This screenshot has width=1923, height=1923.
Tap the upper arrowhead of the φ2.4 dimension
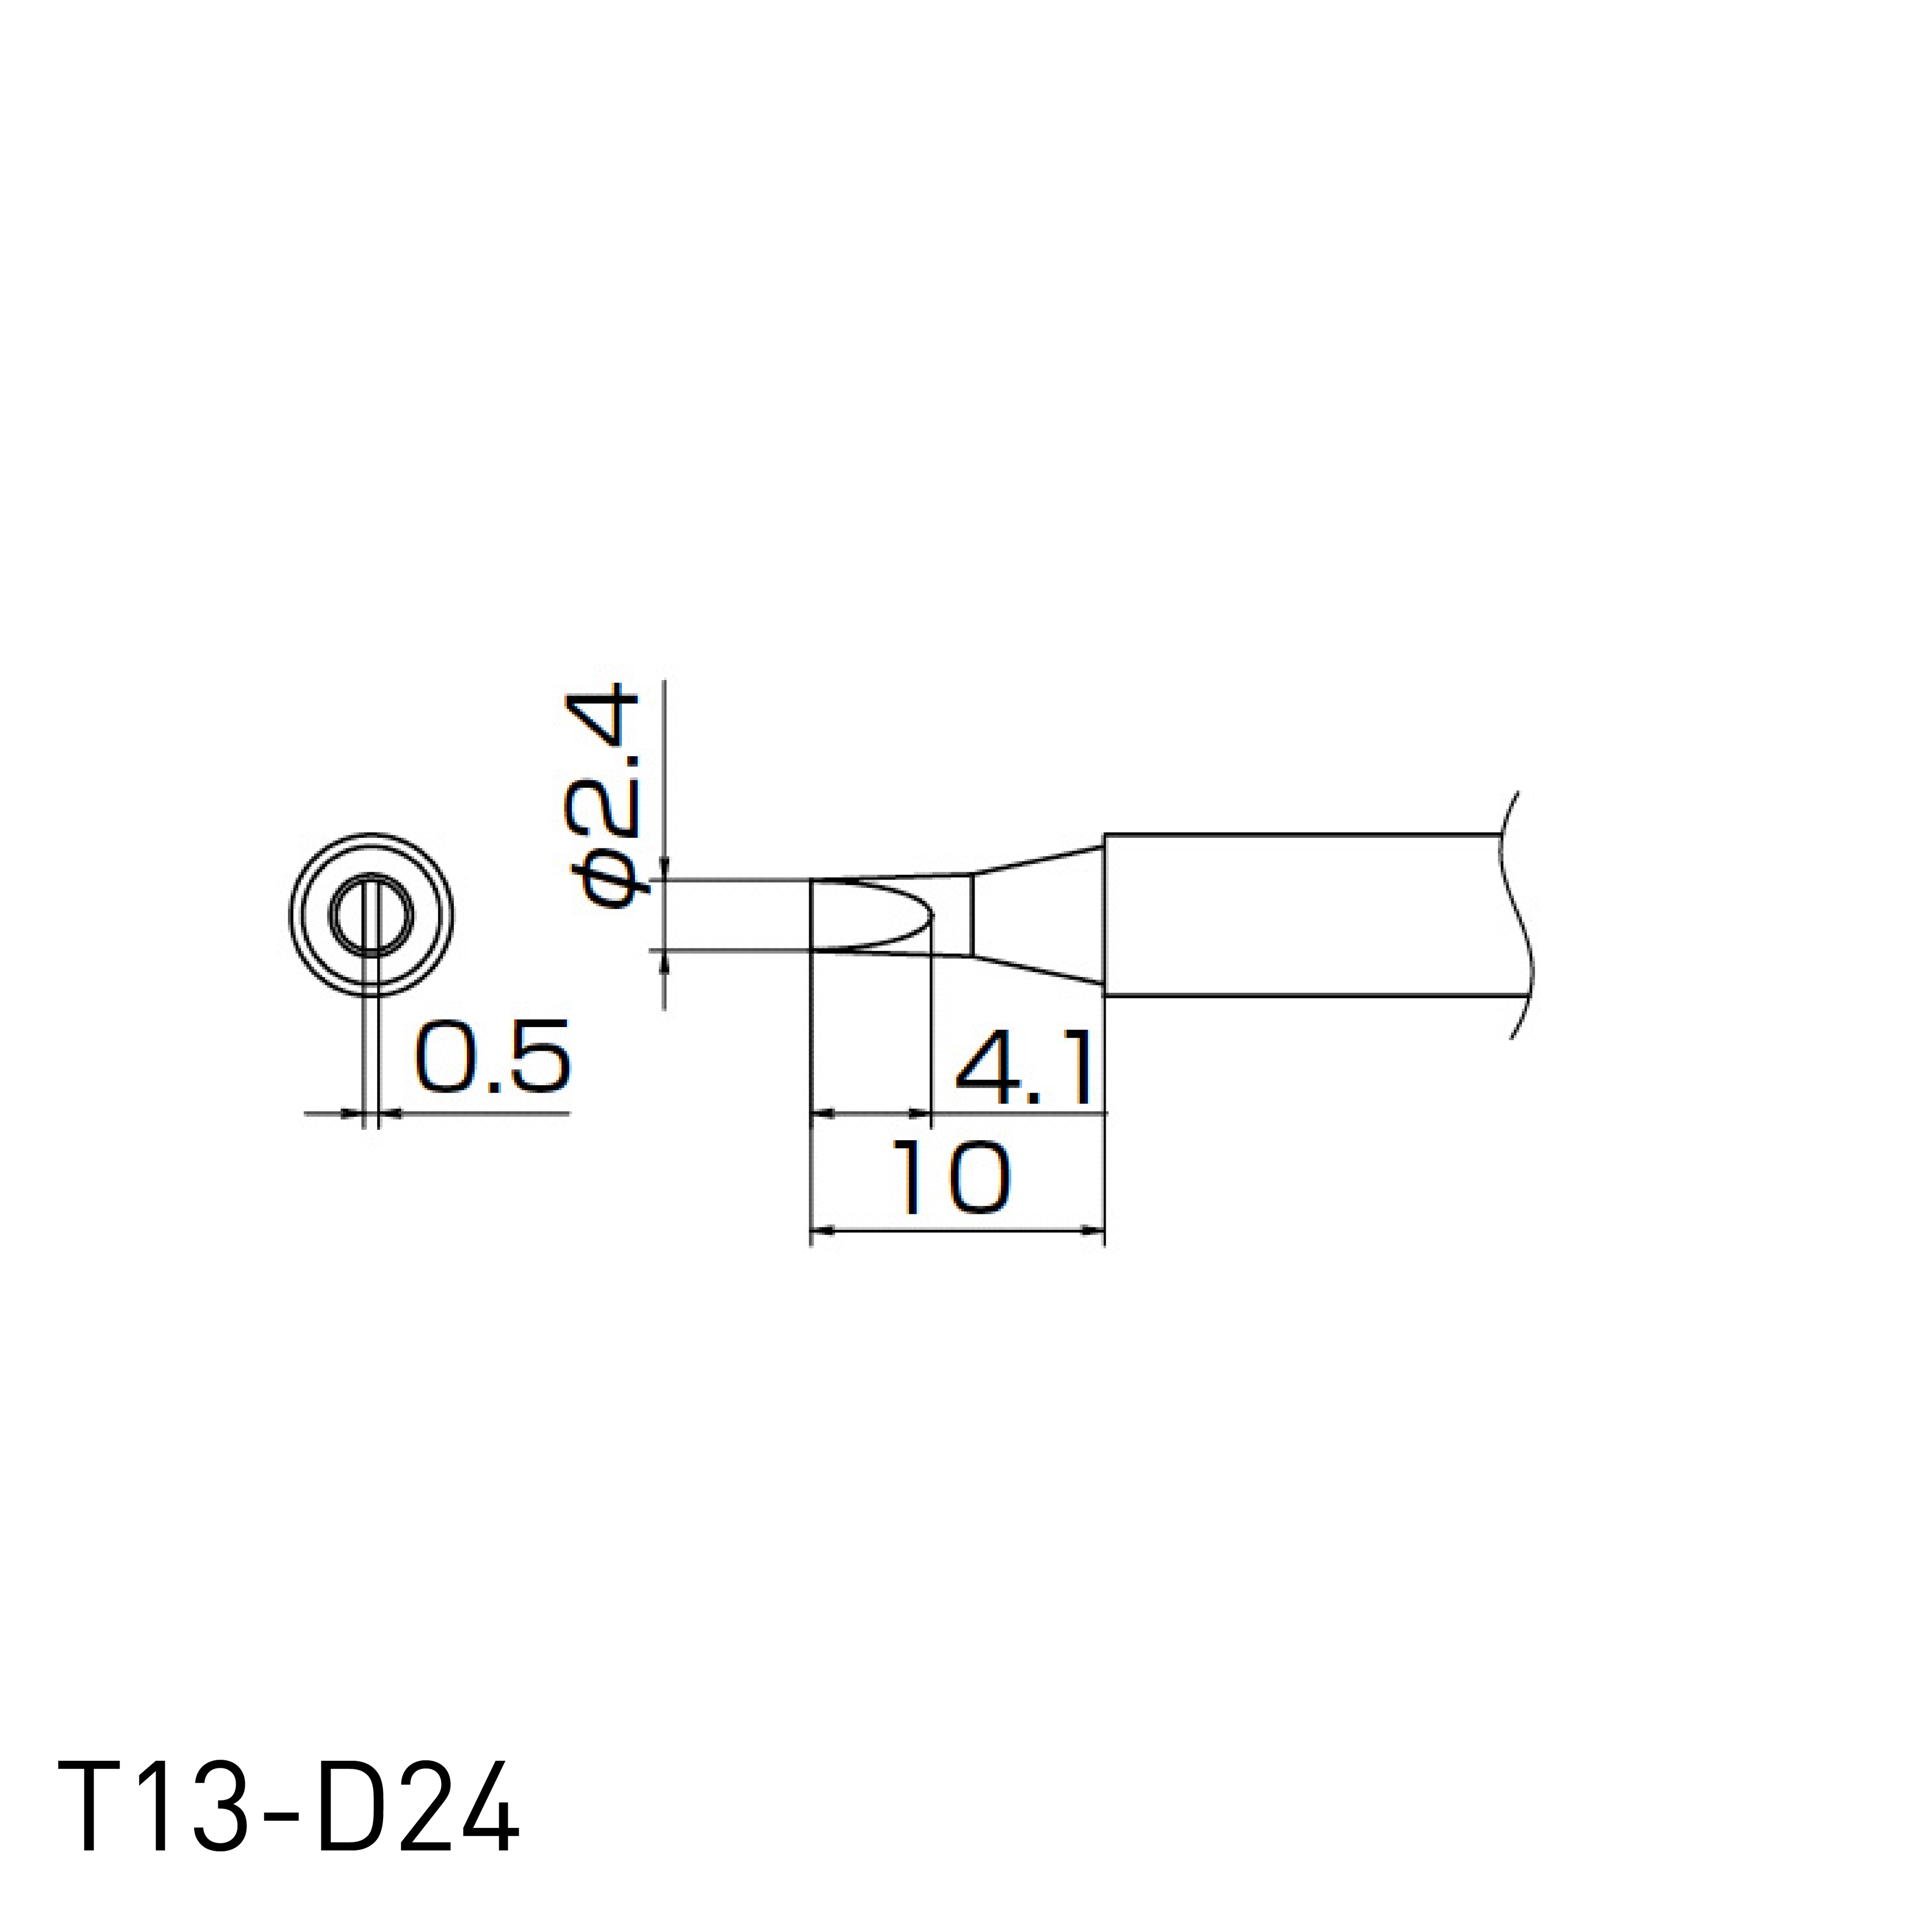tap(664, 869)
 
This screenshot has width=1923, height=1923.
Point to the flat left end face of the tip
tap(812, 914)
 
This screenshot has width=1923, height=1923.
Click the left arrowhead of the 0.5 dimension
tap(351, 1115)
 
